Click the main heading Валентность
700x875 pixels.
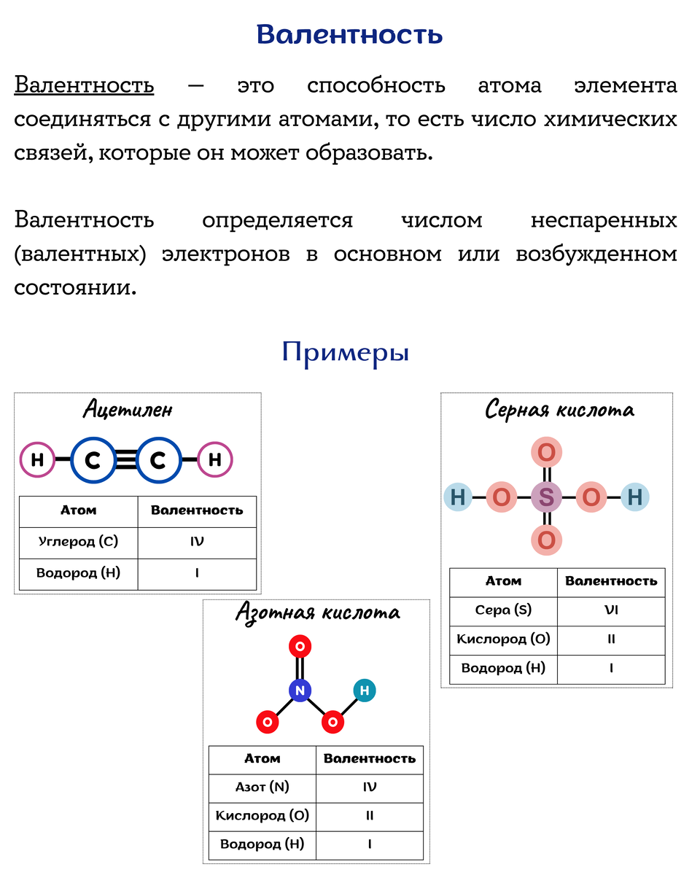[349, 34]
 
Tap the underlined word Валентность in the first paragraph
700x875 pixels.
[84, 85]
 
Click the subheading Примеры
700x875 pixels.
[345, 352]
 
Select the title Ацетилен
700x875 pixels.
[128, 409]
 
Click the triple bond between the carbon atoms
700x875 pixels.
[125, 460]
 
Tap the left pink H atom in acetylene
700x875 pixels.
[37, 460]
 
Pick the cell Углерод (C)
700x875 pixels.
[78, 542]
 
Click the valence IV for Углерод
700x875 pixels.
[197, 542]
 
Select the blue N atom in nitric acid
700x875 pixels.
[300, 690]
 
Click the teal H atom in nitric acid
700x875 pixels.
[365, 690]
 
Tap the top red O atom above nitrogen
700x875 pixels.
[300, 645]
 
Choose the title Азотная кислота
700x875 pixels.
[317, 612]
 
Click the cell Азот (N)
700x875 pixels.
[262, 787]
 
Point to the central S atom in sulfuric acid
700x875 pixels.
[546, 498]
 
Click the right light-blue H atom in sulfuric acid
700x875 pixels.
[634, 498]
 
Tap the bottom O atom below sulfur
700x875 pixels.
[546, 541]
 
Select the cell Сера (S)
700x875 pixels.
[503, 610]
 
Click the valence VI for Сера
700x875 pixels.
[611, 610]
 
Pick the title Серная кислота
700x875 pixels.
[559, 410]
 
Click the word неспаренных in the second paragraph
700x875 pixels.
[604, 219]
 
